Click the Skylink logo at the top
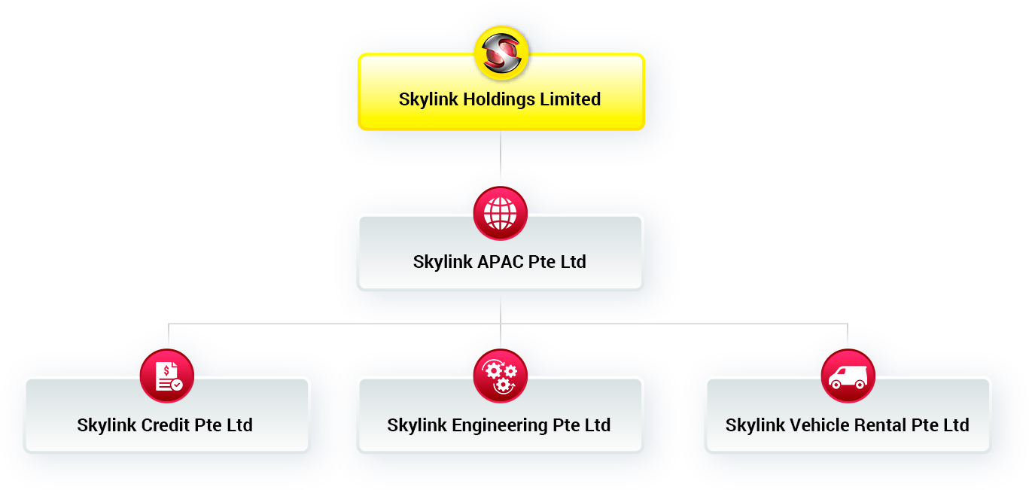tap(501, 53)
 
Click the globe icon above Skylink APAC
tap(501, 213)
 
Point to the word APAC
tap(501, 262)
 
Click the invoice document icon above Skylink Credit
tap(167, 376)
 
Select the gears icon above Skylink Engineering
tap(501, 376)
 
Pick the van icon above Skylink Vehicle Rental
tap(848, 376)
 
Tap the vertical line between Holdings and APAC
tap(501, 157)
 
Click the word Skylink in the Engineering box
tap(417, 426)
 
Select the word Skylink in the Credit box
tap(107, 426)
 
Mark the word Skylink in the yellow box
tap(428, 99)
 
